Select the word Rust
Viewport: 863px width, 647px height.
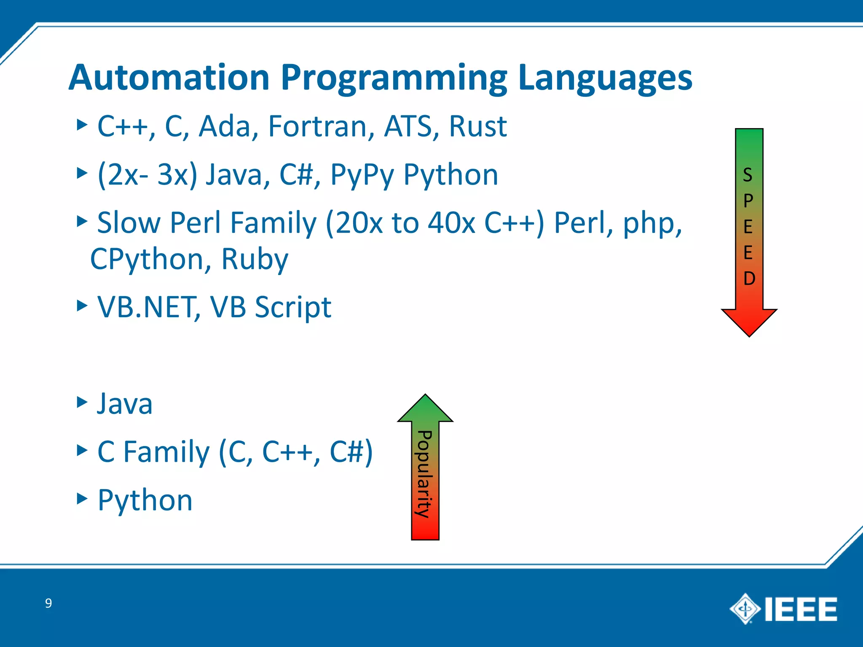(477, 126)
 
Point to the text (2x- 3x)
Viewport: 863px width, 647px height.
(147, 175)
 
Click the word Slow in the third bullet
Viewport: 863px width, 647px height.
(129, 223)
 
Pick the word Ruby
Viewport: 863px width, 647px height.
(255, 259)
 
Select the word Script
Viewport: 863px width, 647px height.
(293, 307)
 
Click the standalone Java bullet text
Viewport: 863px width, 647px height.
(125, 404)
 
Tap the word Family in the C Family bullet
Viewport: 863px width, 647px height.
(166, 452)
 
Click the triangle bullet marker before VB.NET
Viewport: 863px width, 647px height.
(82, 305)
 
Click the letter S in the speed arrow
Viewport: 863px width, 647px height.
(748, 175)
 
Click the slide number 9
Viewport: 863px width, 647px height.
(48, 603)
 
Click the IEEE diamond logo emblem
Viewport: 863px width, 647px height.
(745, 609)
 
